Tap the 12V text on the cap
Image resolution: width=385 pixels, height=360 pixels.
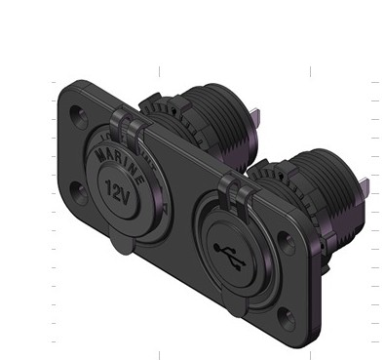(x=118, y=192)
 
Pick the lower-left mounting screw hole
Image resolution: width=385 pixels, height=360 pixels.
(x=79, y=193)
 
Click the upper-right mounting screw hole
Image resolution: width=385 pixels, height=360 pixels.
(x=287, y=242)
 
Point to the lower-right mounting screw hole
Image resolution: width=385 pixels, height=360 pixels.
(x=287, y=318)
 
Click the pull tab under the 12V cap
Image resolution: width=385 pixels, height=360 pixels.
(x=122, y=241)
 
